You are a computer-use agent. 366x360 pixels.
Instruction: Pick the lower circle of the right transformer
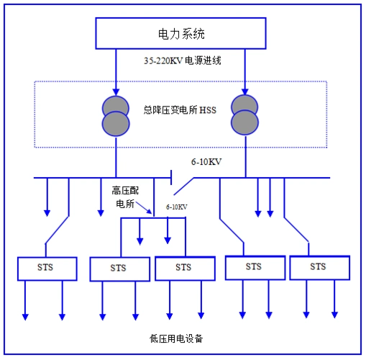[244, 120]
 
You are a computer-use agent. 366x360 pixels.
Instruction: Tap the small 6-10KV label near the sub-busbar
[176, 207]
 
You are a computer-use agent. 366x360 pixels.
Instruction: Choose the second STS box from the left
[118, 269]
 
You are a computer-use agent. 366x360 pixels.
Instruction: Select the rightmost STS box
[317, 267]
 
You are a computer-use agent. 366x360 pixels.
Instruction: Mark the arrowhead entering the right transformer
[244, 91]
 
